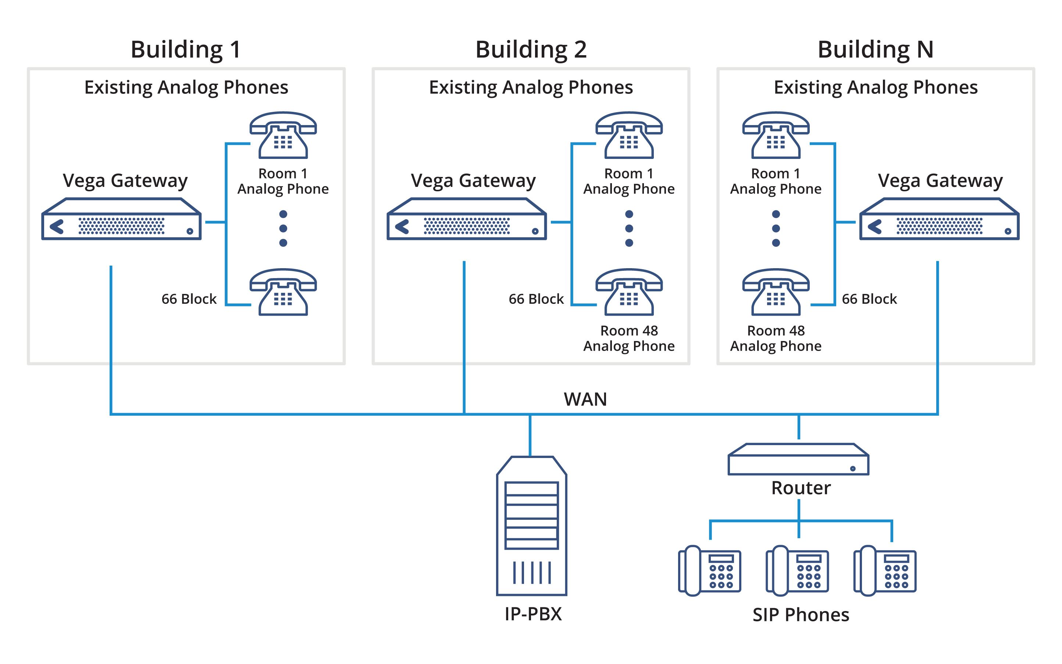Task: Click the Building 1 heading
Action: tap(185, 49)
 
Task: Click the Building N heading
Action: tap(875, 49)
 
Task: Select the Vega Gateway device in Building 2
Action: tap(467, 219)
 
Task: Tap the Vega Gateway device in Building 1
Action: tap(122, 219)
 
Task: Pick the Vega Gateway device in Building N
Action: tap(939, 219)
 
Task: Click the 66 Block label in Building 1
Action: tap(189, 299)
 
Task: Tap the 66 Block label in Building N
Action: tap(869, 299)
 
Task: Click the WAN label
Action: tap(585, 399)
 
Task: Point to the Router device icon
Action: tap(798, 460)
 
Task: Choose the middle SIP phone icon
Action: tap(797, 571)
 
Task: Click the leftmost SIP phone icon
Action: tap(710, 571)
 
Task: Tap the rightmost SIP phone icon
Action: tap(885, 571)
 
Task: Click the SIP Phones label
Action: tap(801, 615)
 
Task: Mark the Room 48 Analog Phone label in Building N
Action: tap(776, 338)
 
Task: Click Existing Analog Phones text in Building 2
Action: tap(531, 88)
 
